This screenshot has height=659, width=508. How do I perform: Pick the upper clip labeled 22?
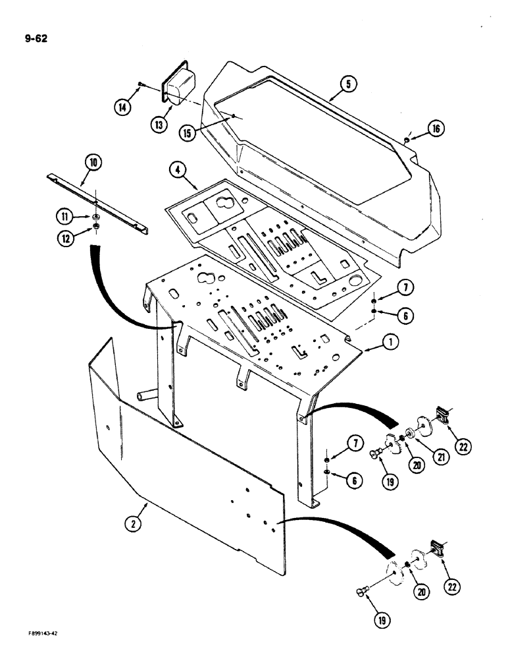coord(442,415)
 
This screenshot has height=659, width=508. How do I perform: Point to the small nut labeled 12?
coord(95,228)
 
